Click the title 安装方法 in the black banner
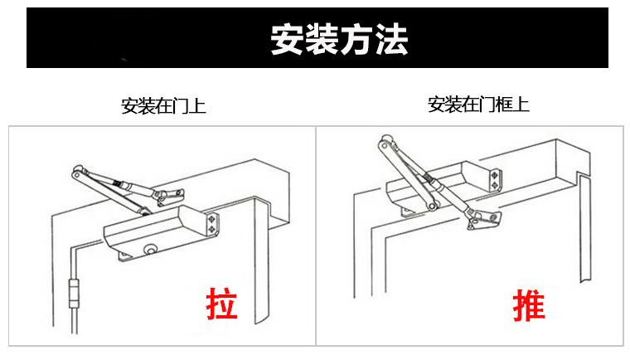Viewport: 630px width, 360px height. pyautogui.click(x=339, y=38)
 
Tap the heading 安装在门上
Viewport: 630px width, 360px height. pyautogui.click(x=163, y=106)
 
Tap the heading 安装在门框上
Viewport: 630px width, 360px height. pyautogui.click(x=477, y=105)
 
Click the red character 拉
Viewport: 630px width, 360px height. pyautogui.click(x=222, y=304)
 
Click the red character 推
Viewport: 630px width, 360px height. pyautogui.click(x=529, y=304)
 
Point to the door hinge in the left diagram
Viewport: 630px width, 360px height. pyautogui.click(x=74, y=294)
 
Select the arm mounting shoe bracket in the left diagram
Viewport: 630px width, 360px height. pyautogui.click(x=169, y=195)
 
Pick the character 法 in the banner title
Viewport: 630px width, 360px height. pyautogui.click(x=391, y=38)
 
